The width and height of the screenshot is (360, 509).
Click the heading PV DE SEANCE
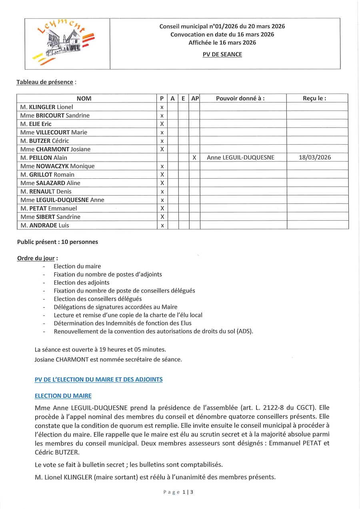(x=222, y=54)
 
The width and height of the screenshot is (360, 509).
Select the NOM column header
(x=84, y=98)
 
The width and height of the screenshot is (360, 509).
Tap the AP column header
(x=195, y=98)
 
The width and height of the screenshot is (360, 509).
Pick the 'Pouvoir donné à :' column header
(x=240, y=98)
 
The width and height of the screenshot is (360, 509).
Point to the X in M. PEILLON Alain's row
(x=194, y=158)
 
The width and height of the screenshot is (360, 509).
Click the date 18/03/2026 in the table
(x=315, y=158)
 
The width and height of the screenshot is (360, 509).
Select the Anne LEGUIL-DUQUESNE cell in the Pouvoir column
(x=240, y=158)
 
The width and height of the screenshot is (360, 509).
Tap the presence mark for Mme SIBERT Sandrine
(x=162, y=217)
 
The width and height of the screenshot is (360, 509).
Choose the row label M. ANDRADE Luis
(x=44, y=225)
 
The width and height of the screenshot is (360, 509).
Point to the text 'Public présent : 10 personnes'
(x=57, y=242)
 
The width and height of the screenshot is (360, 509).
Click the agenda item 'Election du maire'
(x=77, y=266)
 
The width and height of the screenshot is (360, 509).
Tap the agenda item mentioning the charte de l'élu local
(x=128, y=315)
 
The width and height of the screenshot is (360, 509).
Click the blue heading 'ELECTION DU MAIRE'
(x=63, y=396)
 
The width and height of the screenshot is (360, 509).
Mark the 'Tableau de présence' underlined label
(x=45, y=82)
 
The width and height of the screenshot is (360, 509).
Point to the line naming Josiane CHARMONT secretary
(x=108, y=359)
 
